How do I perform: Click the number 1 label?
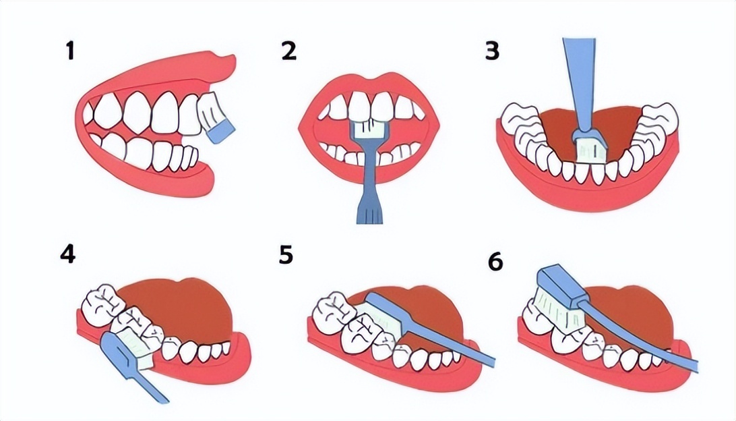coord(70,51)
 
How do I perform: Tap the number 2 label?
coord(289,51)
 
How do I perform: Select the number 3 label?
coord(492,51)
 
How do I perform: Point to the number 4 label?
coord(68,254)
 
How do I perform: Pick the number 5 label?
coord(286,254)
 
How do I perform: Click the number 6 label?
coord(495,262)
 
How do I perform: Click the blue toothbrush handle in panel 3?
coord(580,84)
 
